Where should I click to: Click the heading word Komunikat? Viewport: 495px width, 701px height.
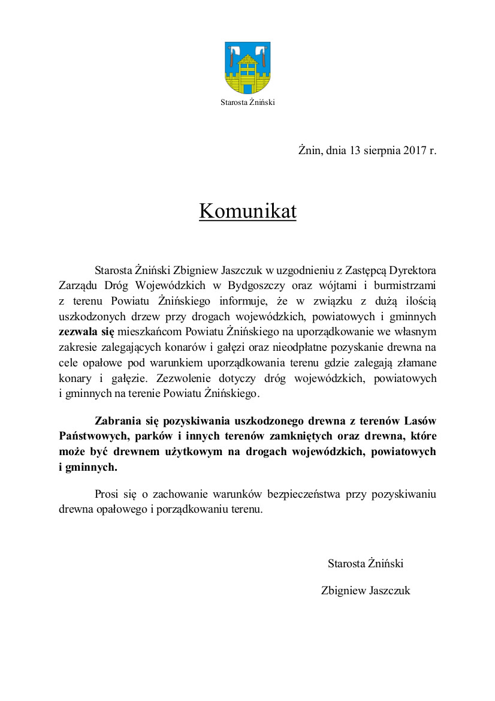pyautogui.click(x=248, y=211)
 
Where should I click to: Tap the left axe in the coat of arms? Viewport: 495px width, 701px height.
pyautogui.click(x=236, y=53)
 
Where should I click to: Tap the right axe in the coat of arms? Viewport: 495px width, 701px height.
pyautogui.click(x=260, y=53)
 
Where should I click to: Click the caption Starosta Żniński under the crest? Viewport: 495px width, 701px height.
pyautogui.click(x=248, y=102)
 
